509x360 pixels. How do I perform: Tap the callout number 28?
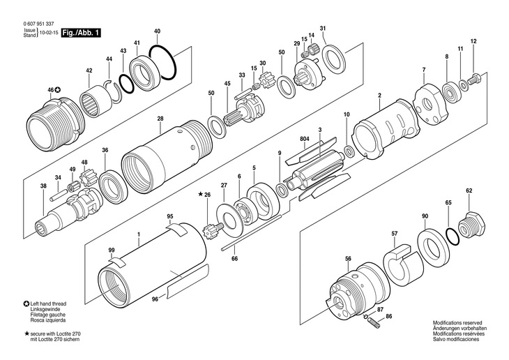160,119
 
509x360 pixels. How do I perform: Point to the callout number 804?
304,139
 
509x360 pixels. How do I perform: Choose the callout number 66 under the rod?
234,259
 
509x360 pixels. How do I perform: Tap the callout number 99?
111,249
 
